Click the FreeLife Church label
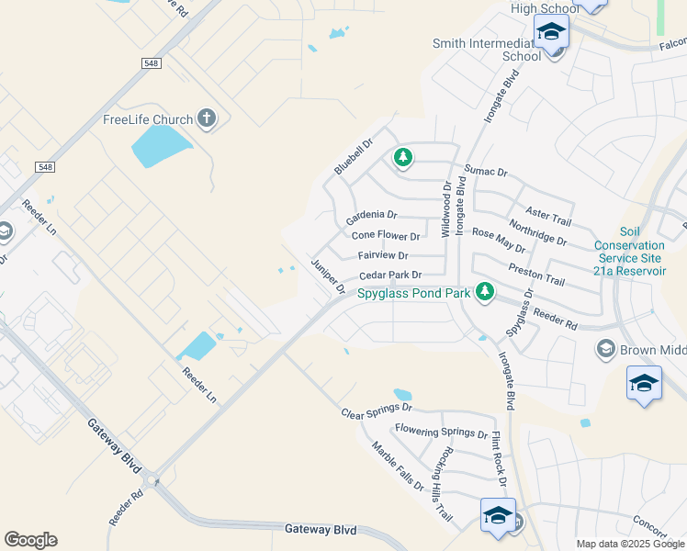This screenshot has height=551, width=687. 147,119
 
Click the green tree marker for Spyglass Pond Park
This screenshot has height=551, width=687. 485,293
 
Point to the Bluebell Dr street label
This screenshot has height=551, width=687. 354,156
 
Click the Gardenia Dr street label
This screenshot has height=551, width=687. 371,218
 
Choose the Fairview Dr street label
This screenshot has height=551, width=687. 383,255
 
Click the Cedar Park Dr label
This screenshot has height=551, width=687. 390,275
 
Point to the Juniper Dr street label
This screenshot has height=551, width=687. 327,275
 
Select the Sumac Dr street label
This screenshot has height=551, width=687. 486,170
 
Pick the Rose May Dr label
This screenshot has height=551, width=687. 499,241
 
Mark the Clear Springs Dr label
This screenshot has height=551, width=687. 377,410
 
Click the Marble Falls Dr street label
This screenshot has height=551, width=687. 398,467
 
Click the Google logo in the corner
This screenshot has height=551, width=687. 30,540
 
